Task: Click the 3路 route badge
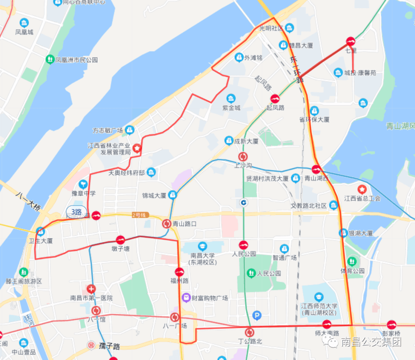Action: click(76, 211)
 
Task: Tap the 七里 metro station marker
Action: click(350, 41)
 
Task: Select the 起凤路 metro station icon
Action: click(275, 98)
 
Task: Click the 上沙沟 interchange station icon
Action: click(243, 157)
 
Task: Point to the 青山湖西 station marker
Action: click(316, 169)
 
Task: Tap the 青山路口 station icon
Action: click(167, 223)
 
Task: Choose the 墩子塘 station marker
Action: click(121, 240)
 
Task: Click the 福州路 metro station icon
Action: click(179, 272)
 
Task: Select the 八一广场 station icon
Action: click(175, 317)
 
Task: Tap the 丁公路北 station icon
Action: click(250, 332)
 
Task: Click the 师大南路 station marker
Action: click(327, 324)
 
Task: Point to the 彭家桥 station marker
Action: click(392, 324)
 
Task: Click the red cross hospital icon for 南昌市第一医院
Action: click(91, 289)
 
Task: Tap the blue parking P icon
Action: click(257, 316)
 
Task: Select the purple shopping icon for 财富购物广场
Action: click(186, 297)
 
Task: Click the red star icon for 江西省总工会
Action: click(362, 189)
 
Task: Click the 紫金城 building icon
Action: click(231, 98)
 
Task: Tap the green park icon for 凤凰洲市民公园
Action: click(50, 60)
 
